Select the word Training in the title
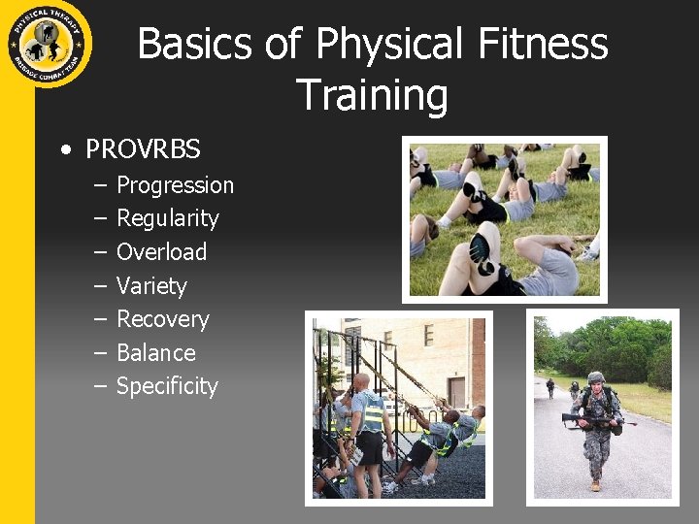[x=372, y=95]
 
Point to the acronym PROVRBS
[x=143, y=149]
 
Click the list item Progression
[x=175, y=185]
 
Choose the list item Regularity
[x=167, y=218]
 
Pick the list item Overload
[x=161, y=252]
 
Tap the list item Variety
[x=151, y=286]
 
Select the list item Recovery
[x=162, y=319]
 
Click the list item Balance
[x=155, y=353]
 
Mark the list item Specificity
[x=167, y=386]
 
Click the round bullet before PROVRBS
[x=65, y=150]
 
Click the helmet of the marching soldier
[x=596, y=377]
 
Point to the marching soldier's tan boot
[x=594, y=484]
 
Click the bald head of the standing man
[x=361, y=381]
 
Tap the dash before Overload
[x=100, y=252]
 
